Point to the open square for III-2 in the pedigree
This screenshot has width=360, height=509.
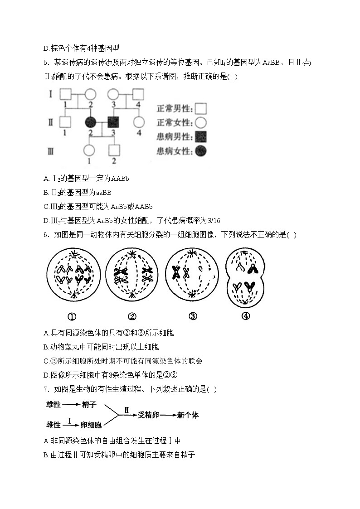[113, 150]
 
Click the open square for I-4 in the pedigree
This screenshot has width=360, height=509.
[138, 95]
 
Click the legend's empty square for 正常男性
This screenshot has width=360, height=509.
[201, 108]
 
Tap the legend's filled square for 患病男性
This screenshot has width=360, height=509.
[201, 136]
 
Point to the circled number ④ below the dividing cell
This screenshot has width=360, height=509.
[245, 316]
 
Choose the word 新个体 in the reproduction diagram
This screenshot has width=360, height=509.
[188, 415]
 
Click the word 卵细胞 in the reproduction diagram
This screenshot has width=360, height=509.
[91, 425]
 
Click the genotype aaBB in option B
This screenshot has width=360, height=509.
[104, 192]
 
